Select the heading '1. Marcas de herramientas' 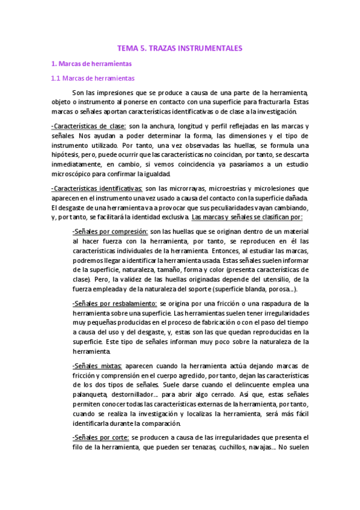[x=91, y=63]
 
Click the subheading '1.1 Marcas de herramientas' [x=93, y=78]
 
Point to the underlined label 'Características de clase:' [x=89, y=126]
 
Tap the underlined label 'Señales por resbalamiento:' [x=115, y=304]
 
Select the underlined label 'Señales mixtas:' [x=97, y=366]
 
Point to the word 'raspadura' [x=280, y=304]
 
